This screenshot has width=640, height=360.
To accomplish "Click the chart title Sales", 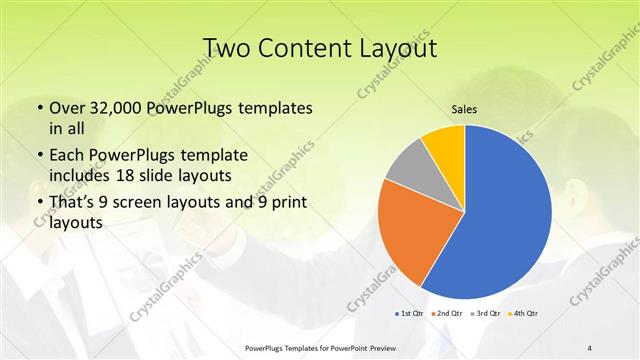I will (465, 111).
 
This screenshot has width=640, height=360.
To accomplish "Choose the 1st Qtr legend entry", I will (410, 314).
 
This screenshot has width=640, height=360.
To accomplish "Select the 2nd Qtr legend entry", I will (447, 314).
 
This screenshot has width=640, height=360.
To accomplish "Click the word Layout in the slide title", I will (396, 49).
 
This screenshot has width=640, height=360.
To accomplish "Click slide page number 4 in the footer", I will (590, 347).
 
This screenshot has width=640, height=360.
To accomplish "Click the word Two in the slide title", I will (229, 49).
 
